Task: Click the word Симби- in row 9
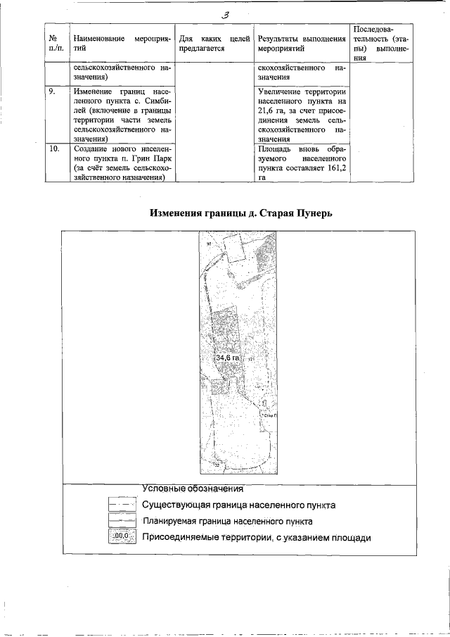pos(155,101)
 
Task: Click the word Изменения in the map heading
pos(176,213)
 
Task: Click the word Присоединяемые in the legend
pos(181,538)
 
